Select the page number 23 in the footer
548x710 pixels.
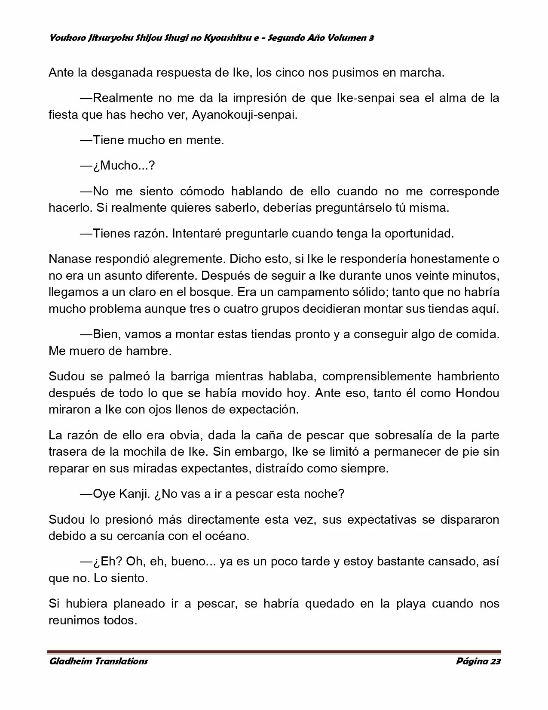pyautogui.click(x=495, y=661)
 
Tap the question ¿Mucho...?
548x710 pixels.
pyautogui.click(x=123, y=166)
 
